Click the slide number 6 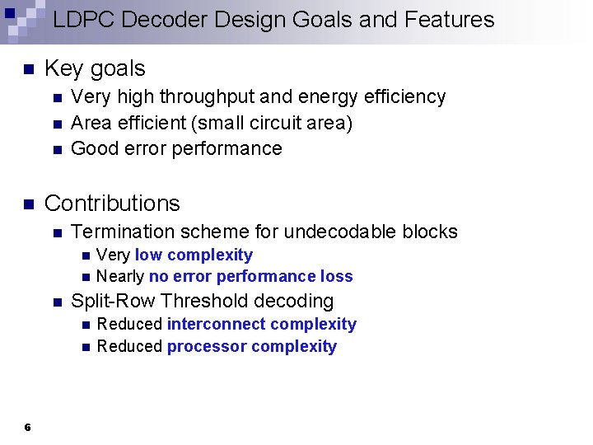[x=28, y=427]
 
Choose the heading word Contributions [x=112, y=204]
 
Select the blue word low [x=148, y=255]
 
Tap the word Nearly [x=120, y=277]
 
